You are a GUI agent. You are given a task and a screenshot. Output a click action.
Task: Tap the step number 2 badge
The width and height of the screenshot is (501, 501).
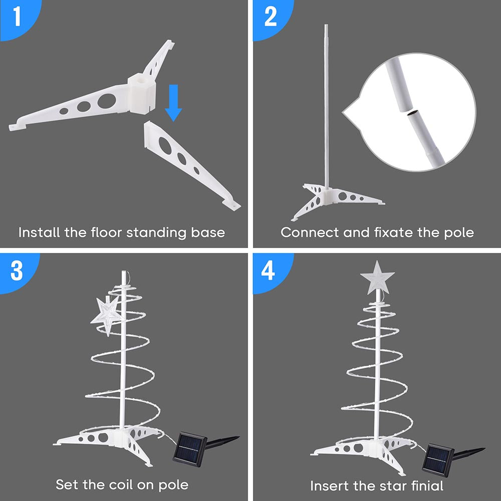(270, 17)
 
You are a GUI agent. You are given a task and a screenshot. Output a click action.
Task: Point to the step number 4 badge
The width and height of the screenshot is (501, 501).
(270, 270)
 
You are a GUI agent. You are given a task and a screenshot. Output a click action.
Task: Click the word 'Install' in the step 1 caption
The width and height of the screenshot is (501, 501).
(39, 232)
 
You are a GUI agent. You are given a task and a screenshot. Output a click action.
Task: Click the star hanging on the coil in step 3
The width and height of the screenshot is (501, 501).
(107, 315)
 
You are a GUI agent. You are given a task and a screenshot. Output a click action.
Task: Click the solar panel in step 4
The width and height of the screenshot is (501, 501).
(437, 459)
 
